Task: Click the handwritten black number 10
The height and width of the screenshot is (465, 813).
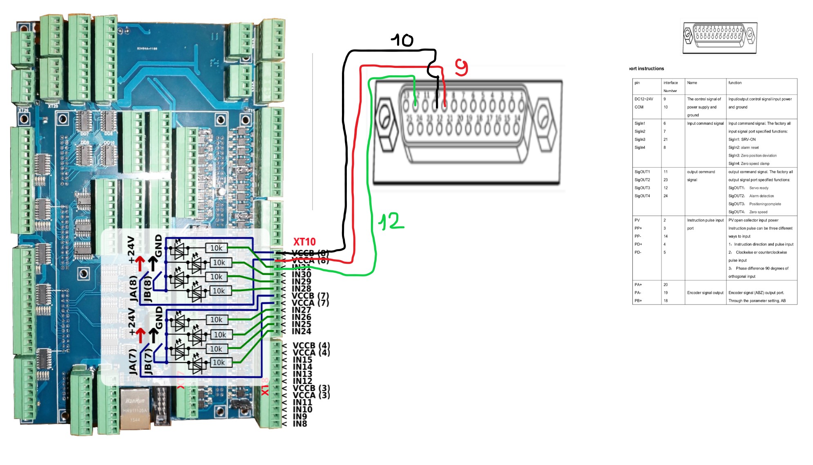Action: [x=402, y=40]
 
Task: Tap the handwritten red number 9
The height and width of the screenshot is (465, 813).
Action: [x=461, y=67]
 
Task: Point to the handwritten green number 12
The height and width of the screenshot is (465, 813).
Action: [x=391, y=222]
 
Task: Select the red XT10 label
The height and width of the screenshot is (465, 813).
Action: [x=304, y=242]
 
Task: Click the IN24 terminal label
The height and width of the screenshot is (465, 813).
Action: [x=301, y=331]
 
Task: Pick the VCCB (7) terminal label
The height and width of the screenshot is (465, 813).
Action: [x=310, y=296]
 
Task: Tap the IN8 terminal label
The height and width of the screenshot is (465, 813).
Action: [x=300, y=424]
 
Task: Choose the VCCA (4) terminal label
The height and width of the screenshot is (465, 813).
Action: [x=311, y=353]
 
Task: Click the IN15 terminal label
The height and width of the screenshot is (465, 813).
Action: [x=302, y=360]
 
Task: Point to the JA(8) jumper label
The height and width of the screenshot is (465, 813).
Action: [x=133, y=288]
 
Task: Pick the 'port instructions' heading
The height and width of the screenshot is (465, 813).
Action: [x=647, y=69]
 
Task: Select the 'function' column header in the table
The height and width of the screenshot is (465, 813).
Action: [x=735, y=83]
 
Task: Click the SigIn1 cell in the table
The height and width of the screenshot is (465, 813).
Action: [x=640, y=124]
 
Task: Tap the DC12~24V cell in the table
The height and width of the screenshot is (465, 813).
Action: [x=643, y=99]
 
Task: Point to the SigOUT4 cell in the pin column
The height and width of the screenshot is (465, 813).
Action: [x=642, y=196]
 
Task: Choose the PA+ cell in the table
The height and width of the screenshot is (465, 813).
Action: [x=638, y=285]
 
